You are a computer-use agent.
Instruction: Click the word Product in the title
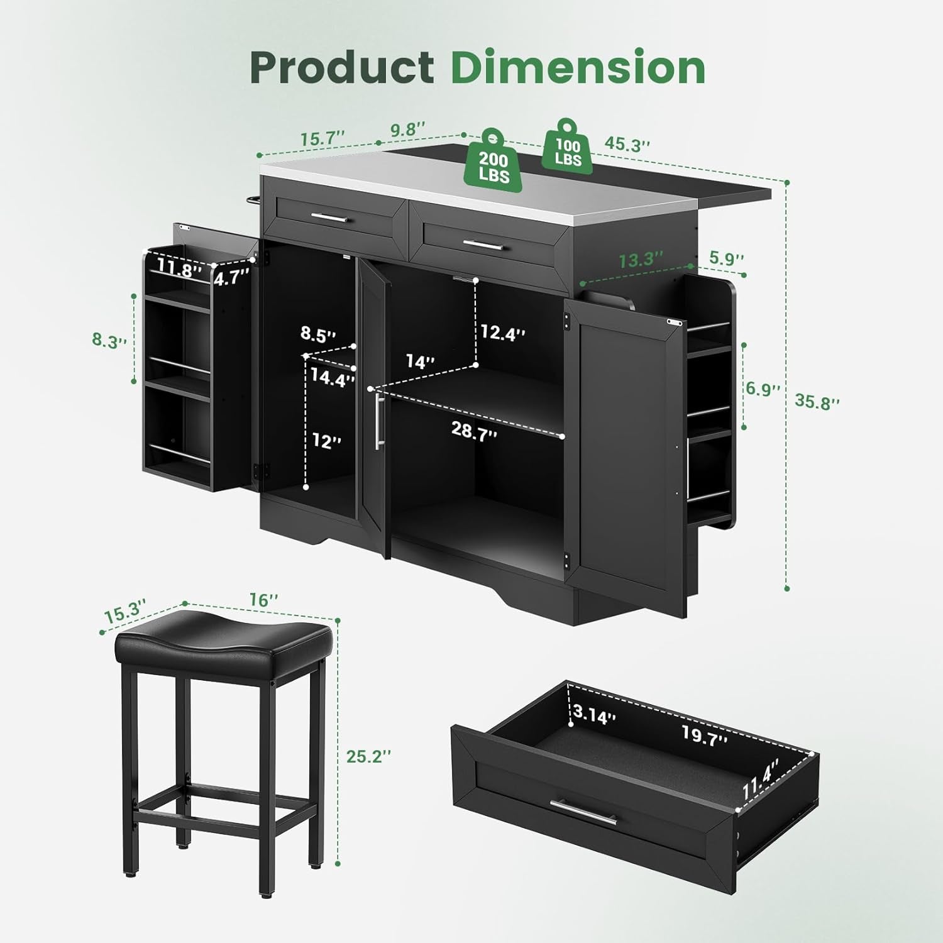(342, 67)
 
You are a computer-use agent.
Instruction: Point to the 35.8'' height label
(817, 401)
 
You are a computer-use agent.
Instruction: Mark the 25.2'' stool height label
(369, 756)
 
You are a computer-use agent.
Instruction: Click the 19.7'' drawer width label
(704, 734)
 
